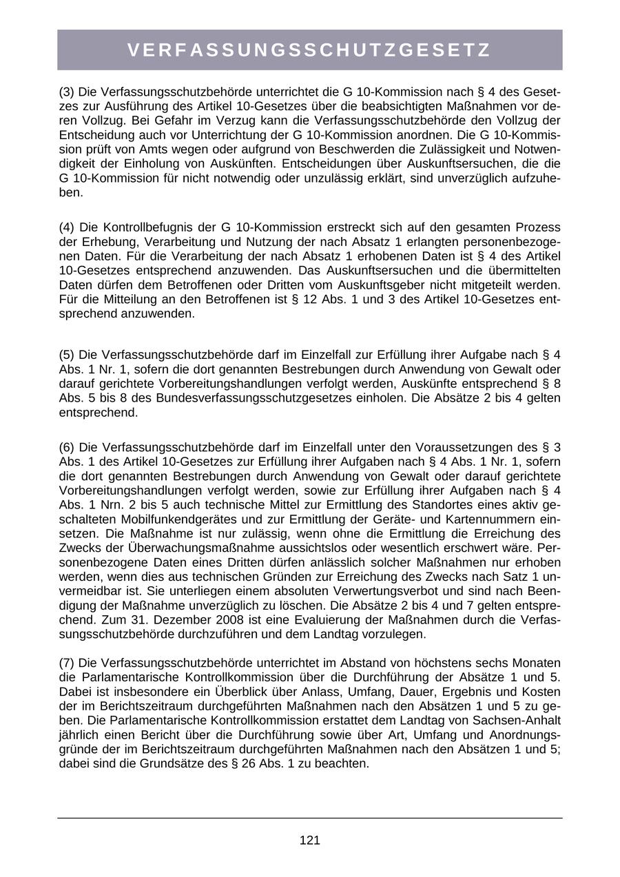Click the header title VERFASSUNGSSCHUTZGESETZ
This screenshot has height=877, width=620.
(x=309, y=50)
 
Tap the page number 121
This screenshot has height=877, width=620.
(x=309, y=840)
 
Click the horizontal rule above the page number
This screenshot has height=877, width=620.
(x=309, y=818)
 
